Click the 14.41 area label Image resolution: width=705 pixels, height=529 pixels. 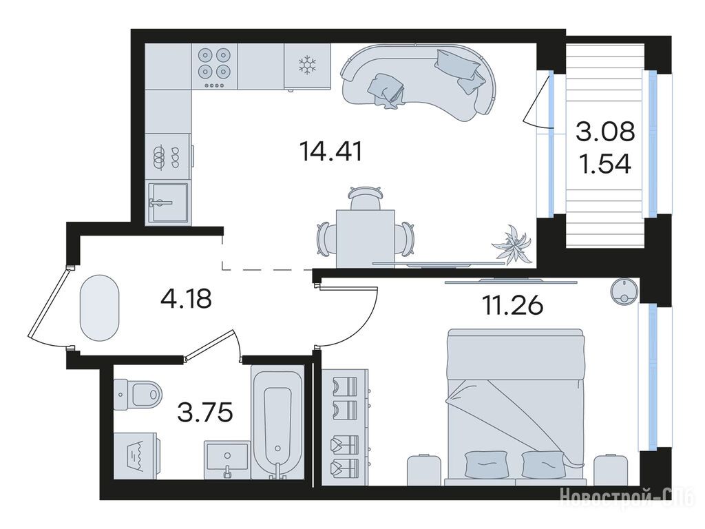[x=331, y=152]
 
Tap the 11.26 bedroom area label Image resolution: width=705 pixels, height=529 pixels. [x=512, y=307]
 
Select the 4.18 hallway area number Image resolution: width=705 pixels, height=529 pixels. [x=186, y=299]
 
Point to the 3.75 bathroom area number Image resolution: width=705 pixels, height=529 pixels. [x=205, y=413]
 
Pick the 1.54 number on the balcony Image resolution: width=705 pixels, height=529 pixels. [x=605, y=164]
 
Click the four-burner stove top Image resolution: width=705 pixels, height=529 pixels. [x=215, y=67]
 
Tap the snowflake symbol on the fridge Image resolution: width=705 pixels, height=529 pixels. [x=308, y=65]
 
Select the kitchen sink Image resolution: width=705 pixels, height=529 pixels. [x=167, y=203]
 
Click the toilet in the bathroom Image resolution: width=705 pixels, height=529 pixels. [x=138, y=395]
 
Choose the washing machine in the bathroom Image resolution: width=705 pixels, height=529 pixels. [x=136, y=456]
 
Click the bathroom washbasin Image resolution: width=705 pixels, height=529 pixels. [x=227, y=460]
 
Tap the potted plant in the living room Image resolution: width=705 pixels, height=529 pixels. [x=512, y=243]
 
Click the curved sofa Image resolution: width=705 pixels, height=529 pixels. [x=419, y=81]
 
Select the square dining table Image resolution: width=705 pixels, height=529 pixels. [x=366, y=238]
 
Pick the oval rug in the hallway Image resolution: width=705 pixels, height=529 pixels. [x=99, y=308]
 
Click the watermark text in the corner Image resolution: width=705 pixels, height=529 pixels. [x=627, y=497]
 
